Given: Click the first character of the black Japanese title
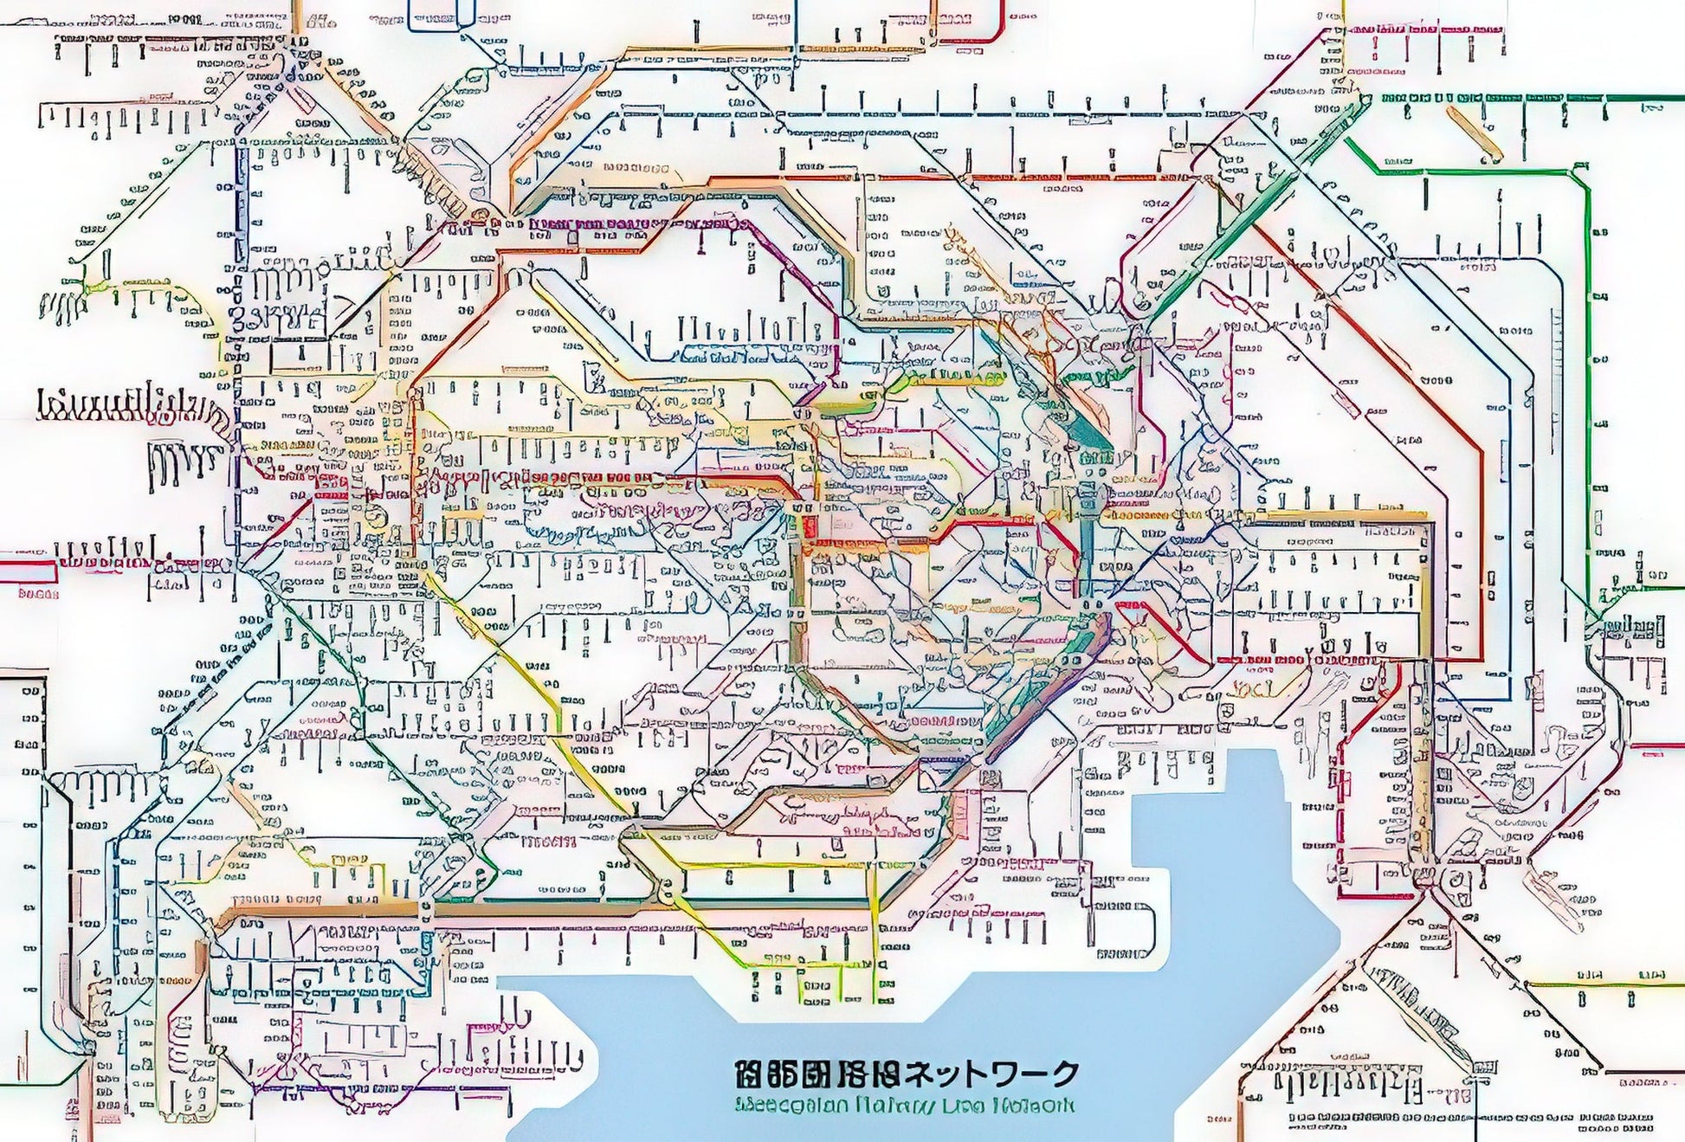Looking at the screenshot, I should [747, 1074].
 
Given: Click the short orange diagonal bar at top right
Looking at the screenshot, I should [1477, 134].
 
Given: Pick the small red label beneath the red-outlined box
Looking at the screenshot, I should [37, 595].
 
